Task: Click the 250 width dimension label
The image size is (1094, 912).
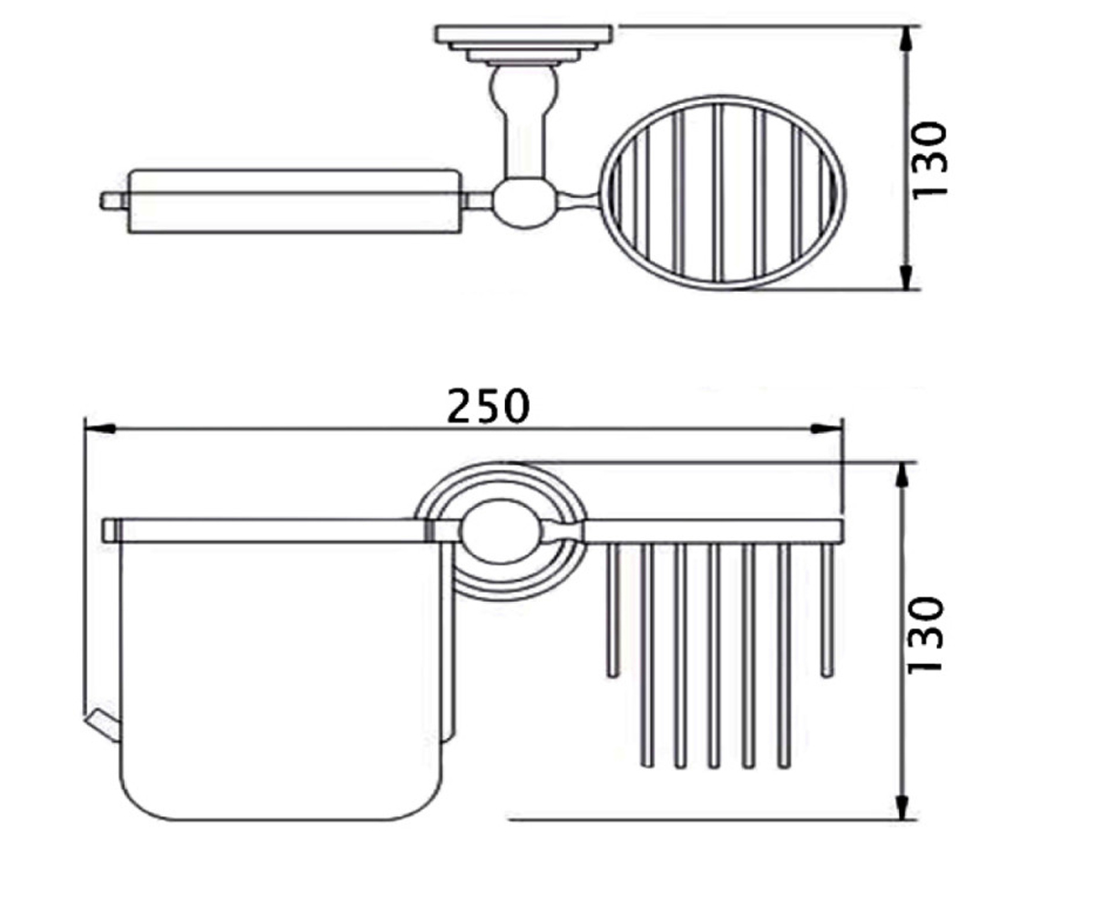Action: point(489,406)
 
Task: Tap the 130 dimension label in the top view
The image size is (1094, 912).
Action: point(930,160)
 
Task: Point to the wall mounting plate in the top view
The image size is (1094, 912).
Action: point(523,34)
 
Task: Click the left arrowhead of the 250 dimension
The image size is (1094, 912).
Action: point(99,429)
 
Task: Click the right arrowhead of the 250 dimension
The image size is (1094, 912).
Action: point(827,429)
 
